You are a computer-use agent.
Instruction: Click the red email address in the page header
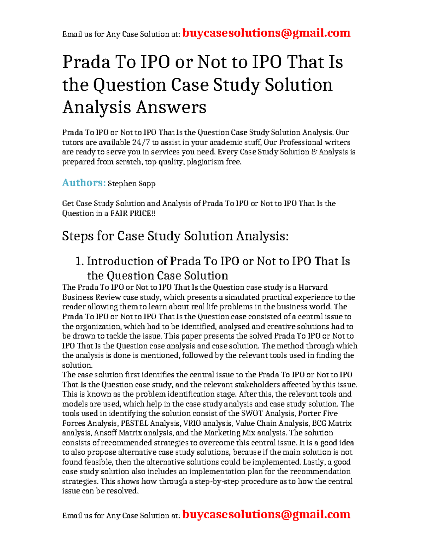267,33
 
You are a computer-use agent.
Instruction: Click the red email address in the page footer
267,514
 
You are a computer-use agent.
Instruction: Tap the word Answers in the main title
171,107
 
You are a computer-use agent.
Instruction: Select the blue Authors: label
84,183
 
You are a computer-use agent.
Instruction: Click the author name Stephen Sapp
132,184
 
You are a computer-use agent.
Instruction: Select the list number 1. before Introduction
79,261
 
